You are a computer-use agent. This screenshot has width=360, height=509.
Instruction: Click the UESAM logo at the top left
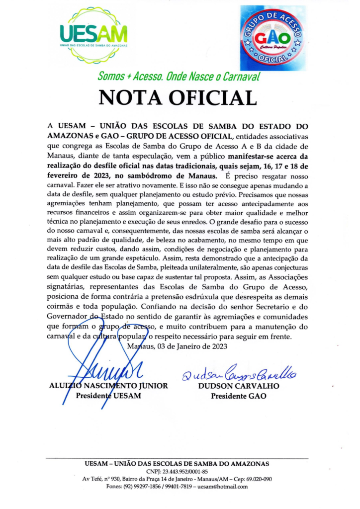click(x=93, y=35)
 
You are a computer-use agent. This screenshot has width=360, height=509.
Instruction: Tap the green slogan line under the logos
click(x=179, y=77)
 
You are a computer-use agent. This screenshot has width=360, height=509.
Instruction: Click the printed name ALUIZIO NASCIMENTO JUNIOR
click(x=109, y=386)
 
